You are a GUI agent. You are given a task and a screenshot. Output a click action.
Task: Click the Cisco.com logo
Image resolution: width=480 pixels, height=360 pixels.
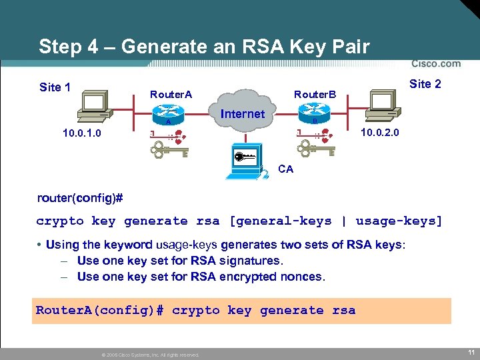435,64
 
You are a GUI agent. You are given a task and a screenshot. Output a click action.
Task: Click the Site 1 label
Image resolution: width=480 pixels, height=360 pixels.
55,87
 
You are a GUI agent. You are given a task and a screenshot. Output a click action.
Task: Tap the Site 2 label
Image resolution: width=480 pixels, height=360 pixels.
425,84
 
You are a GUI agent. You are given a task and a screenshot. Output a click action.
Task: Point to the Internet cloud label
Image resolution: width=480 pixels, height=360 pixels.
242,114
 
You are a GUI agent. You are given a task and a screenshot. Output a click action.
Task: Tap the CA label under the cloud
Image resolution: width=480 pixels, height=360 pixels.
285,169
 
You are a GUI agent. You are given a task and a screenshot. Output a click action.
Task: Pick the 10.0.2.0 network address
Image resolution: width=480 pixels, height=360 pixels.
379,133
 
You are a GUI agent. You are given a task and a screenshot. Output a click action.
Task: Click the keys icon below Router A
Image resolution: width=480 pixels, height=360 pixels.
168,145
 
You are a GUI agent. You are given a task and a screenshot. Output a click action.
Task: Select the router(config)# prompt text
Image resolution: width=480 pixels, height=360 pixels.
80,199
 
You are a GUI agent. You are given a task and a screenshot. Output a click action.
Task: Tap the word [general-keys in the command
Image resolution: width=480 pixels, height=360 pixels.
281,221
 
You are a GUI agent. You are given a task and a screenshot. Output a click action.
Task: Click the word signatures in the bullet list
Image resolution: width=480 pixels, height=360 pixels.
247,261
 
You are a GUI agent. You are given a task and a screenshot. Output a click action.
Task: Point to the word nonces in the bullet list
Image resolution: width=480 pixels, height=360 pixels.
298,276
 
